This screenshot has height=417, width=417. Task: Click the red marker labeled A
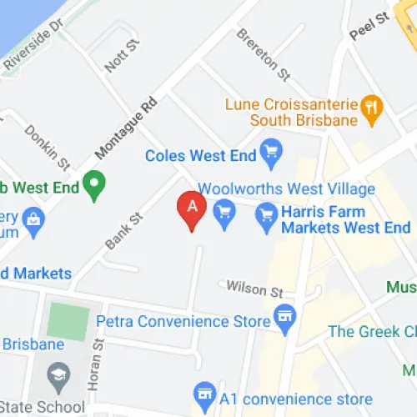coord(192,209)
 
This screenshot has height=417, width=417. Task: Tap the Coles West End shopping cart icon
coord(270,153)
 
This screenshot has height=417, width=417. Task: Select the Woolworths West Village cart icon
coord(224,212)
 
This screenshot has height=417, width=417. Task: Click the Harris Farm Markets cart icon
coord(266,214)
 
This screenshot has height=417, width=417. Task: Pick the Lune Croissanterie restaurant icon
coord(372,106)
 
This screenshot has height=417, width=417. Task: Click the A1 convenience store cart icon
coord(203,392)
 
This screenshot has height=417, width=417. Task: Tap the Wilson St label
coord(256,289)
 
